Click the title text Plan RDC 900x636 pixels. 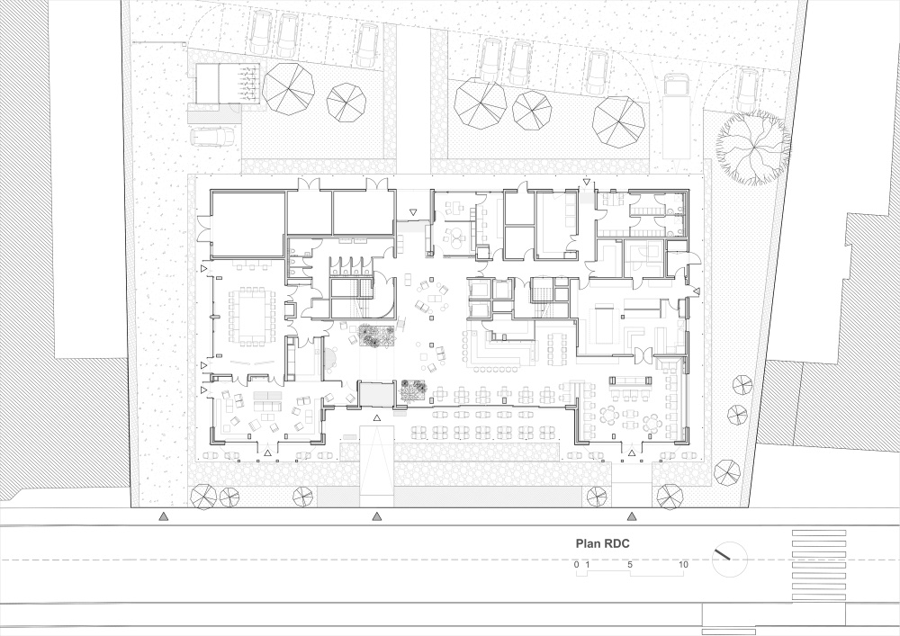[x=603, y=543]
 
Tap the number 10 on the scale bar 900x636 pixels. [x=683, y=564]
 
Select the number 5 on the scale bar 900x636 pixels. [x=630, y=564]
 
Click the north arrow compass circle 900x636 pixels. [x=730, y=559]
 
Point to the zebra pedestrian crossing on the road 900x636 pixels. [x=819, y=566]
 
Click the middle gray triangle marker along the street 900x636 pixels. [x=376, y=516]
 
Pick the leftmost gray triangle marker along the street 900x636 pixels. [x=164, y=516]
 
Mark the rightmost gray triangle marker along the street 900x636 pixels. [x=632, y=516]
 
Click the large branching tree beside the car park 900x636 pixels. [x=752, y=148]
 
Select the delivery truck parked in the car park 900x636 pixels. [x=677, y=116]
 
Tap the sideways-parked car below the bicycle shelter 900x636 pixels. [x=211, y=137]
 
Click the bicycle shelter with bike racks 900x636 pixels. [x=228, y=84]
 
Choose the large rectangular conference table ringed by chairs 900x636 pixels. [x=251, y=316]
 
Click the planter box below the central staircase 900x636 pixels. [x=377, y=336]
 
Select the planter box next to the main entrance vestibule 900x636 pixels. [x=413, y=390]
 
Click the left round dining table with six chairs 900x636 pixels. [x=610, y=414]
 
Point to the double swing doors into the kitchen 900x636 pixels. [x=643, y=356]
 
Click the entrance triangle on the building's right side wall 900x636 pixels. [x=697, y=291]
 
